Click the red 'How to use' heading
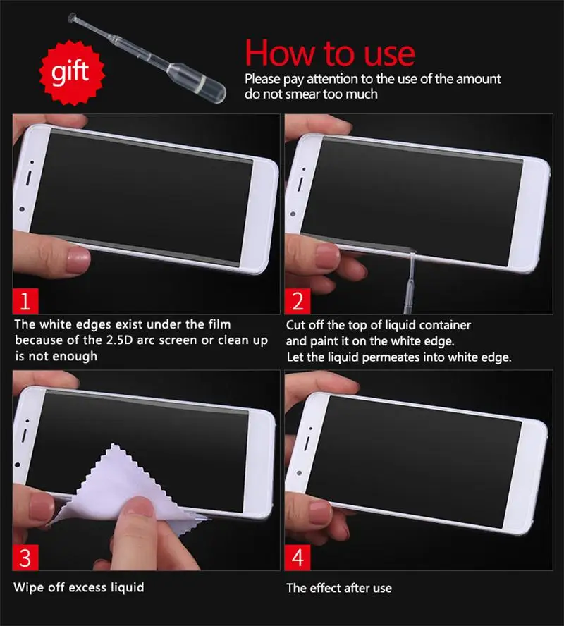[x=330, y=53]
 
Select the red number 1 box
[x=25, y=301]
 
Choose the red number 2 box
[x=298, y=301]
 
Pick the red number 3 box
[x=25, y=558]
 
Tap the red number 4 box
[x=298, y=558]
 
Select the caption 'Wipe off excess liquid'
[x=79, y=587]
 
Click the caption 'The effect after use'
[x=339, y=588]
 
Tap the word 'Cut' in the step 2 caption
[x=295, y=325]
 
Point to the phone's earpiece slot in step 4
[x=307, y=443]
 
